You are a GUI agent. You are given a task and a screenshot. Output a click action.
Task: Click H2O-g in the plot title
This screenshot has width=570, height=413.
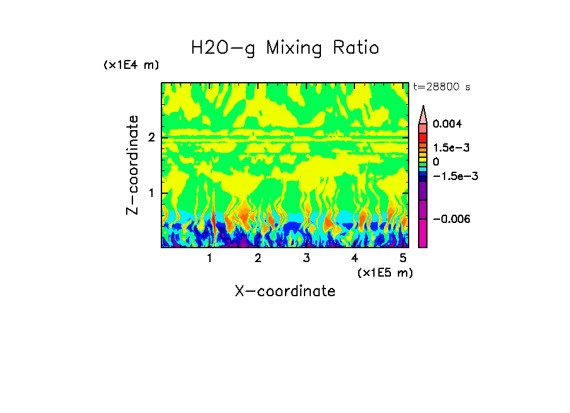click(x=223, y=48)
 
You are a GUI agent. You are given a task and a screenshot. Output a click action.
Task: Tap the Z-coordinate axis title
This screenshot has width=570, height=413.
click(x=132, y=164)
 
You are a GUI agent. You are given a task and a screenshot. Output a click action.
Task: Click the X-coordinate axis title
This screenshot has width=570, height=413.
click(x=285, y=291)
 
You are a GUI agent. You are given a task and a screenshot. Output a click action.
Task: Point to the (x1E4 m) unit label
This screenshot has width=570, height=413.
click(x=131, y=65)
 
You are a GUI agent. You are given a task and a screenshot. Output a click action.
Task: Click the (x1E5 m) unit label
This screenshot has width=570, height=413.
click(x=385, y=272)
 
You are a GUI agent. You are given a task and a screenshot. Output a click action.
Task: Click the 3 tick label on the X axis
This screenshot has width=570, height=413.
click(x=306, y=258)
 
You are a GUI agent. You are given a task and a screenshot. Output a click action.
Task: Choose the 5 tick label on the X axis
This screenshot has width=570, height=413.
click(x=403, y=258)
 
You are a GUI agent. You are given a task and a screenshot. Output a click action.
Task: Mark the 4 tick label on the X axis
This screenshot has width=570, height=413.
click(x=354, y=258)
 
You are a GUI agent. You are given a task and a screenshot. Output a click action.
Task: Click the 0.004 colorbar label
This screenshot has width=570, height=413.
click(x=447, y=124)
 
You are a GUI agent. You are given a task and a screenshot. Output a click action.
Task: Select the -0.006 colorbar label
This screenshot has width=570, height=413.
click(x=451, y=218)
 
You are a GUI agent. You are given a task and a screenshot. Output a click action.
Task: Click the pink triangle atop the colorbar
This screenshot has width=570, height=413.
click(x=423, y=115)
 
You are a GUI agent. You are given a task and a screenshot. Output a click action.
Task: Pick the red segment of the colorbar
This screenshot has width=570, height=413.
click(x=423, y=137)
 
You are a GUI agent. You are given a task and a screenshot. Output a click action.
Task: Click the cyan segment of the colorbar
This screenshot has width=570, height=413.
click(x=423, y=171)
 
